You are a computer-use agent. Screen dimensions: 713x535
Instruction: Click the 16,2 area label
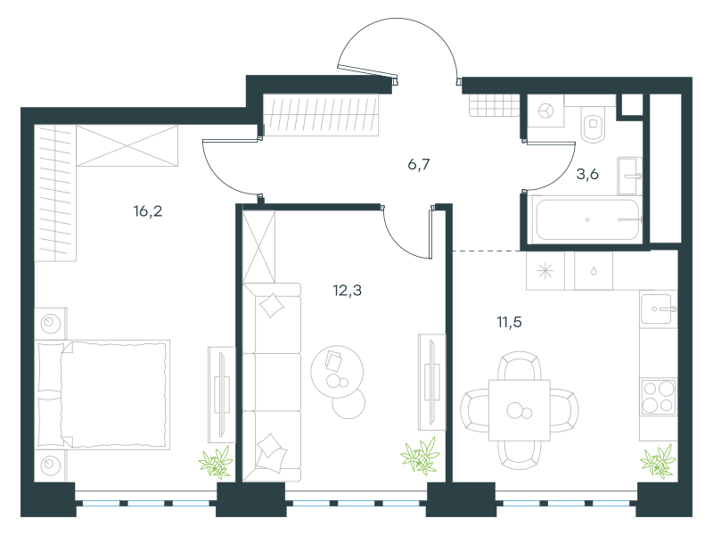(148, 211)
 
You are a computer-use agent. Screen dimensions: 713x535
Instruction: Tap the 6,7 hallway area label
(419, 164)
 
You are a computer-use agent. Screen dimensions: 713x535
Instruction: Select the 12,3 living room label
(348, 290)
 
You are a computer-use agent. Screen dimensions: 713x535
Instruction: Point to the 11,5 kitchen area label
(509, 322)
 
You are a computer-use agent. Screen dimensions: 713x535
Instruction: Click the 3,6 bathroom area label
(587, 174)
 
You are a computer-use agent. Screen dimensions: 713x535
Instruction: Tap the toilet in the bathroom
(593, 124)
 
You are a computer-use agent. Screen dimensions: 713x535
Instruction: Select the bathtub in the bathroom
(587, 220)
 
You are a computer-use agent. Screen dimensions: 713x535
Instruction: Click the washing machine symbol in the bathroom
(545, 111)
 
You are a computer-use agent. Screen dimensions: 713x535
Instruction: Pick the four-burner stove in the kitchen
(658, 397)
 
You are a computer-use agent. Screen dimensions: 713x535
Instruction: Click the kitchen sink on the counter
(658, 309)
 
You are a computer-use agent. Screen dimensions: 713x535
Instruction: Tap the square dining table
(520, 411)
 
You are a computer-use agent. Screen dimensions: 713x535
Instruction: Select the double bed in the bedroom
(102, 394)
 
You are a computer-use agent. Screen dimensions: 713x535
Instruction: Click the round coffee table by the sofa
(337, 372)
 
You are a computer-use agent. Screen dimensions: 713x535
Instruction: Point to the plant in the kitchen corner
(658, 462)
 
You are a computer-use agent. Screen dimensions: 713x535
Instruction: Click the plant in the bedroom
(216, 463)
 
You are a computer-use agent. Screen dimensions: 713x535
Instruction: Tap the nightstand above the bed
(51, 324)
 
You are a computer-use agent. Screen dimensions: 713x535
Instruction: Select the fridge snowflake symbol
(545, 272)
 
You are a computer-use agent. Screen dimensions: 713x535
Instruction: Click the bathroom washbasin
(629, 176)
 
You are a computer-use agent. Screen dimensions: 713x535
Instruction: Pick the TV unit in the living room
(432, 383)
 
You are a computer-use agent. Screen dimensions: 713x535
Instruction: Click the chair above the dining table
(520, 366)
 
